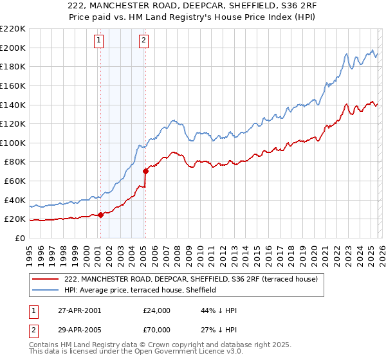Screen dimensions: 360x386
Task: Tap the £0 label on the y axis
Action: click(20, 238)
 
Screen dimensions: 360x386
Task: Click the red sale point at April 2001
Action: click(101, 215)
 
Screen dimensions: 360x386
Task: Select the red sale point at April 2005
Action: click(146, 171)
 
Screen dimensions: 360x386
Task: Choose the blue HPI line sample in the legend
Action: click(46, 290)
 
